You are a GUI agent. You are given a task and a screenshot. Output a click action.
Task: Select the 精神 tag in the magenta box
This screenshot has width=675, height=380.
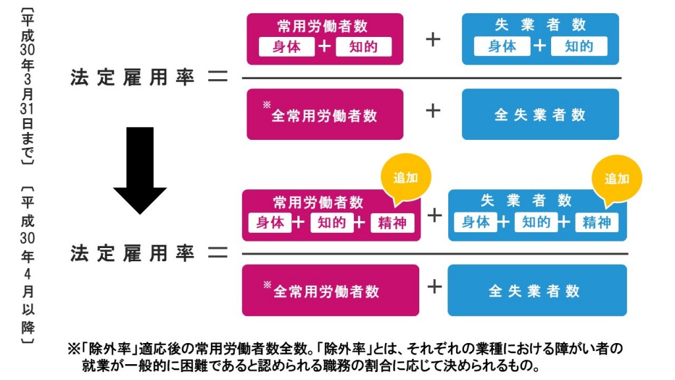[x=392, y=223]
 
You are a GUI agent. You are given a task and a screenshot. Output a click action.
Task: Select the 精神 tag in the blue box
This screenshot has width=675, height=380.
[x=597, y=223]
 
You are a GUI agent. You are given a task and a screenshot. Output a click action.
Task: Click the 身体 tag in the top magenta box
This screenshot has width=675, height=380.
[x=286, y=47]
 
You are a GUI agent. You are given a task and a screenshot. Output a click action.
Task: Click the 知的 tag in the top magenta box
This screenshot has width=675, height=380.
[x=363, y=47]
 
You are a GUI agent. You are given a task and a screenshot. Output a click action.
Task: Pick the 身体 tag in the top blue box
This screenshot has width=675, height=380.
[x=502, y=47]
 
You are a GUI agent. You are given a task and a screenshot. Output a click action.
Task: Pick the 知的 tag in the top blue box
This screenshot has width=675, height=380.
[x=579, y=47]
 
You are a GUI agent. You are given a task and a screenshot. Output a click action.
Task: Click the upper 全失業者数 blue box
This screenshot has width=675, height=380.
[x=540, y=115]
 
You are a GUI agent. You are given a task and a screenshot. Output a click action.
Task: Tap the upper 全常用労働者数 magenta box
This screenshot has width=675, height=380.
[x=324, y=115]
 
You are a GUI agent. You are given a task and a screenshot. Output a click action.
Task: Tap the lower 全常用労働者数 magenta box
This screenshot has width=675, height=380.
[x=330, y=290]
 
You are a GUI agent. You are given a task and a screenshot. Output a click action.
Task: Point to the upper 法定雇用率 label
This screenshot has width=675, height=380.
[x=132, y=78]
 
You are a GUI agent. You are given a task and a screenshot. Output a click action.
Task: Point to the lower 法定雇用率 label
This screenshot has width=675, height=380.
[x=132, y=254]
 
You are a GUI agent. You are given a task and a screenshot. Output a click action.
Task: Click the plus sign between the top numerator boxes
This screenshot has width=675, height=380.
[x=433, y=39]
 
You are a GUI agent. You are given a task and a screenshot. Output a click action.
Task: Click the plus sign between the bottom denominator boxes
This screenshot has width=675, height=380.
[x=434, y=286]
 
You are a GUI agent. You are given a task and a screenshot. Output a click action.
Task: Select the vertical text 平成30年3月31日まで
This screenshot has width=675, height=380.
[x=27, y=86]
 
